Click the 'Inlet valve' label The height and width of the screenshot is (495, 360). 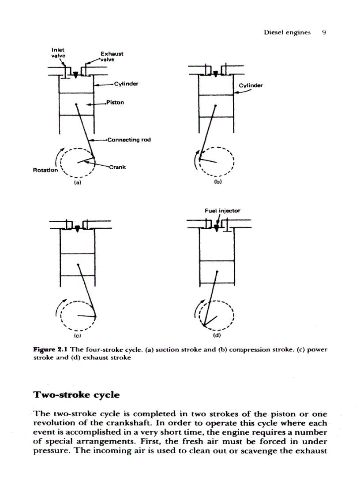point(58,53)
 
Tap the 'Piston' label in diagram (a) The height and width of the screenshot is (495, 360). point(115,102)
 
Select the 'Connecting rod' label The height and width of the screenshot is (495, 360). point(129,140)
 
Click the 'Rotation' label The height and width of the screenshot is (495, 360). point(45,170)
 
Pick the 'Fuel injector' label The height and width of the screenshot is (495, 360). point(222,211)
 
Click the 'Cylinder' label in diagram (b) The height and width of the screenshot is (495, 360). point(250,85)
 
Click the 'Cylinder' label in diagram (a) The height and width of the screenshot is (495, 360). point(126,83)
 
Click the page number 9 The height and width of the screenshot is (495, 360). point(323,32)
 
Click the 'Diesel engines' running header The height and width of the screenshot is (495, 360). point(287,32)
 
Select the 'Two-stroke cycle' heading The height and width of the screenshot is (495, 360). point(76,395)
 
